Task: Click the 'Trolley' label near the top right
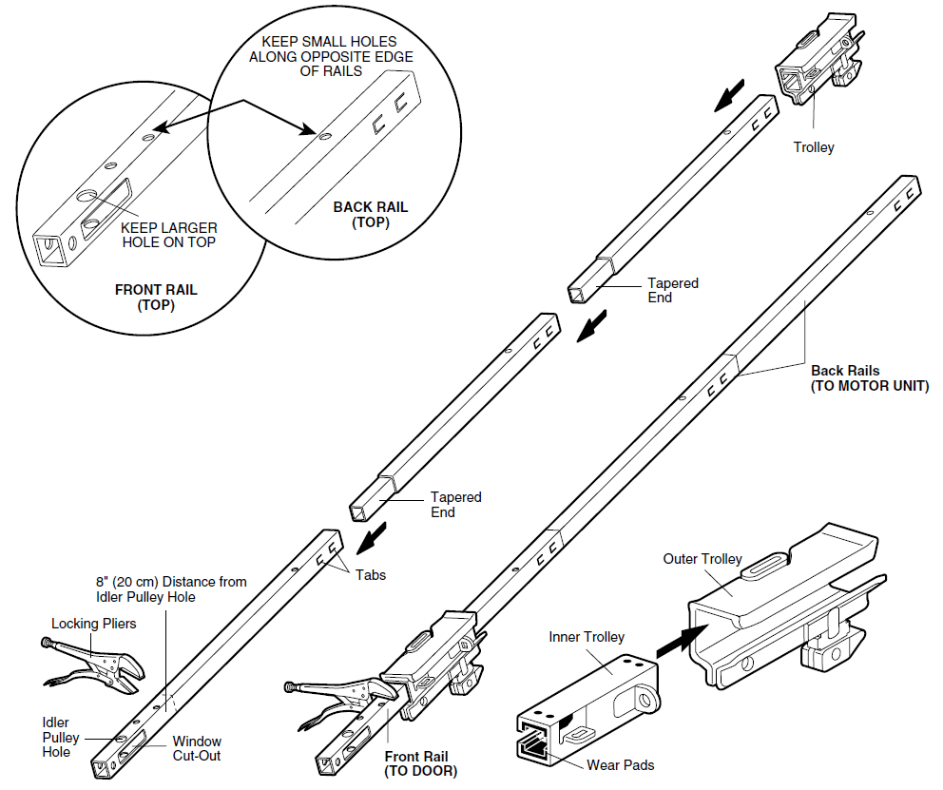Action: pyautogui.click(x=814, y=147)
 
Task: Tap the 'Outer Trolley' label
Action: pyautogui.click(x=702, y=559)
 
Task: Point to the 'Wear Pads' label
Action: pyautogui.click(x=621, y=764)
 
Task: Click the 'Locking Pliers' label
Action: pyautogui.click(x=94, y=624)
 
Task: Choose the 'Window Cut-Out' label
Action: pyautogui.click(x=197, y=748)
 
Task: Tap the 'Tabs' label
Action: pyautogui.click(x=372, y=575)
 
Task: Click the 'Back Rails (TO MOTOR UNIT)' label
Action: pyautogui.click(x=869, y=378)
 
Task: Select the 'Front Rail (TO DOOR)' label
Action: pyautogui.click(x=420, y=763)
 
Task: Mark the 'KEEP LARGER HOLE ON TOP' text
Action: pyautogui.click(x=169, y=235)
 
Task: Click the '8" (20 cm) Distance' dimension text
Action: pyautogui.click(x=170, y=589)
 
